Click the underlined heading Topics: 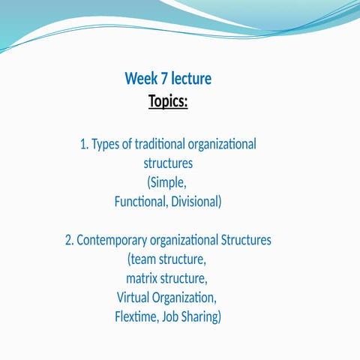click(x=168, y=100)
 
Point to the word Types click(x=107, y=143)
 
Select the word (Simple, click(x=167, y=182)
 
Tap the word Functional click(x=139, y=202)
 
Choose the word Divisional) click(x=196, y=202)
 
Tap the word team click(x=146, y=260)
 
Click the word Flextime click(x=136, y=317)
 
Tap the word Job click(x=171, y=317)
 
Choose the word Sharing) click(x=202, y=317)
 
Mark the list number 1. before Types click(x=84, y=143)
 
